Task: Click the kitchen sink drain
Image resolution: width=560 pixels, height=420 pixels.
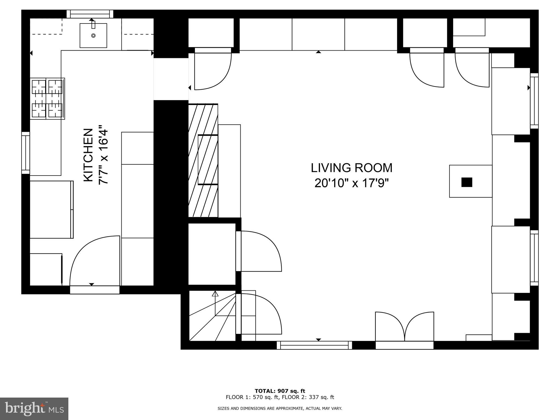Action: tap(93, 36)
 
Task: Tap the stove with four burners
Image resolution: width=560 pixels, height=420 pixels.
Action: tap(47, 99)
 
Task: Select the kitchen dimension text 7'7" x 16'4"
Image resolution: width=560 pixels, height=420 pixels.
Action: tap(104, 155)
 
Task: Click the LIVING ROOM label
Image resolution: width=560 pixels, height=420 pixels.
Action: tap(351, 168)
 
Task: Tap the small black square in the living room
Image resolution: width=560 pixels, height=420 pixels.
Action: tap(466, 182)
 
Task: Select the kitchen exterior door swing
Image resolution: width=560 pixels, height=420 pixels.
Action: tap(94, 261)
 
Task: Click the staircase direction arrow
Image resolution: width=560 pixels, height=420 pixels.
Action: tap(215, 294)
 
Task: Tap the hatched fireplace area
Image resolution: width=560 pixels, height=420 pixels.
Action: tap(203, 161)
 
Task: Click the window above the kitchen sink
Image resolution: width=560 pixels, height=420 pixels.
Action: tap(90, 14)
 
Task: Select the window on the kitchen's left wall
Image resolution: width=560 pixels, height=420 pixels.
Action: tap(25, 153)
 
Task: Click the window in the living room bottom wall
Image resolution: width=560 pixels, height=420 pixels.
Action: tap(314, 345)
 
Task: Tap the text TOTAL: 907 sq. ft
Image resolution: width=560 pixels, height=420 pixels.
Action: tap(280, 391)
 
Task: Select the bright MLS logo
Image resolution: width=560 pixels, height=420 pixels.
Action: tap(34, 409)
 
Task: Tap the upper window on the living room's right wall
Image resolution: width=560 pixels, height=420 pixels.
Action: tap(534, 101)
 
